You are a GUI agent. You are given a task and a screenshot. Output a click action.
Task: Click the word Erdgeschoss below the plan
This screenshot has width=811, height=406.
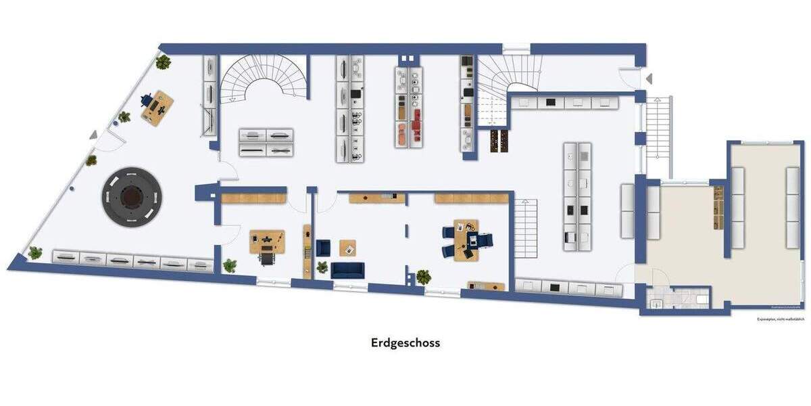405,342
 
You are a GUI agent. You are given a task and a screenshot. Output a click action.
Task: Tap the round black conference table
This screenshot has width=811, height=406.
132,197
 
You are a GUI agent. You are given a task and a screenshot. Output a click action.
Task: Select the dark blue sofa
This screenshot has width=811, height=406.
347,270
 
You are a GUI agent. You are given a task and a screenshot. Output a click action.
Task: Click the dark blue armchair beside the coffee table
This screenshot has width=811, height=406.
324,248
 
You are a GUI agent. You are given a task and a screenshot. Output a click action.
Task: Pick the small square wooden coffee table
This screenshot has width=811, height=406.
347,248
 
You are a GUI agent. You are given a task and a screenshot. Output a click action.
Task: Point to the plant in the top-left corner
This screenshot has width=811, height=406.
163,62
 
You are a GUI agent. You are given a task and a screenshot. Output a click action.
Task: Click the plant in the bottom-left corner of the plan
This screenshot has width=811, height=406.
34,253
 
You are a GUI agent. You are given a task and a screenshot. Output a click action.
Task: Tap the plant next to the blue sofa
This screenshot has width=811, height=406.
423,277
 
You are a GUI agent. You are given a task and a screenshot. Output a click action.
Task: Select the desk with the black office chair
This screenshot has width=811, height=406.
268,242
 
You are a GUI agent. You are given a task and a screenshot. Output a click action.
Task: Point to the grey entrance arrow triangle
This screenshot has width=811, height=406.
649,79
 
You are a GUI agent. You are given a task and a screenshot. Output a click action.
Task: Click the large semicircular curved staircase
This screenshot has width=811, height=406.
265,78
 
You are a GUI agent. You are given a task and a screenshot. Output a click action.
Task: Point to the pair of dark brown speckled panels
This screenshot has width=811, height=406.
498,139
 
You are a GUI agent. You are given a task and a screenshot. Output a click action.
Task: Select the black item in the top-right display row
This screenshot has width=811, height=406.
551,102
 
